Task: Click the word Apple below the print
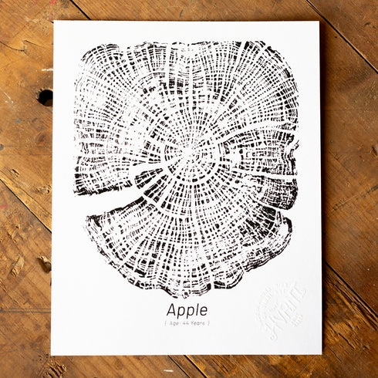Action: [187, 309]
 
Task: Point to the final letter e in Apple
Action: [203, 310]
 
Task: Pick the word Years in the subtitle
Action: [198, 323]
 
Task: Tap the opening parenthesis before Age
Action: [164, 323]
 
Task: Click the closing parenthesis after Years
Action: [209, 323]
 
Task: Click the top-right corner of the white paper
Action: [318, 22]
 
